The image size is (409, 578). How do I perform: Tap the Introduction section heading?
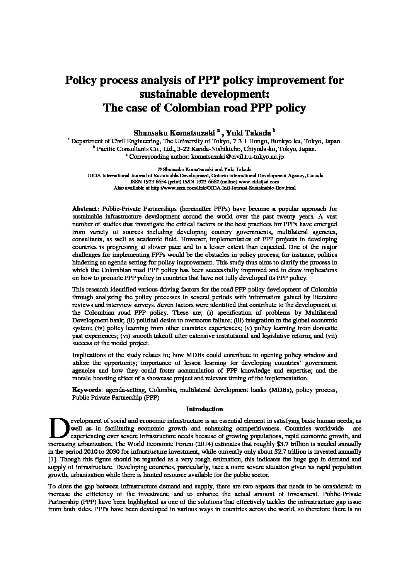tap(205, 409)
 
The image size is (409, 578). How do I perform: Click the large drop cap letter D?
tap(58, 428)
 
